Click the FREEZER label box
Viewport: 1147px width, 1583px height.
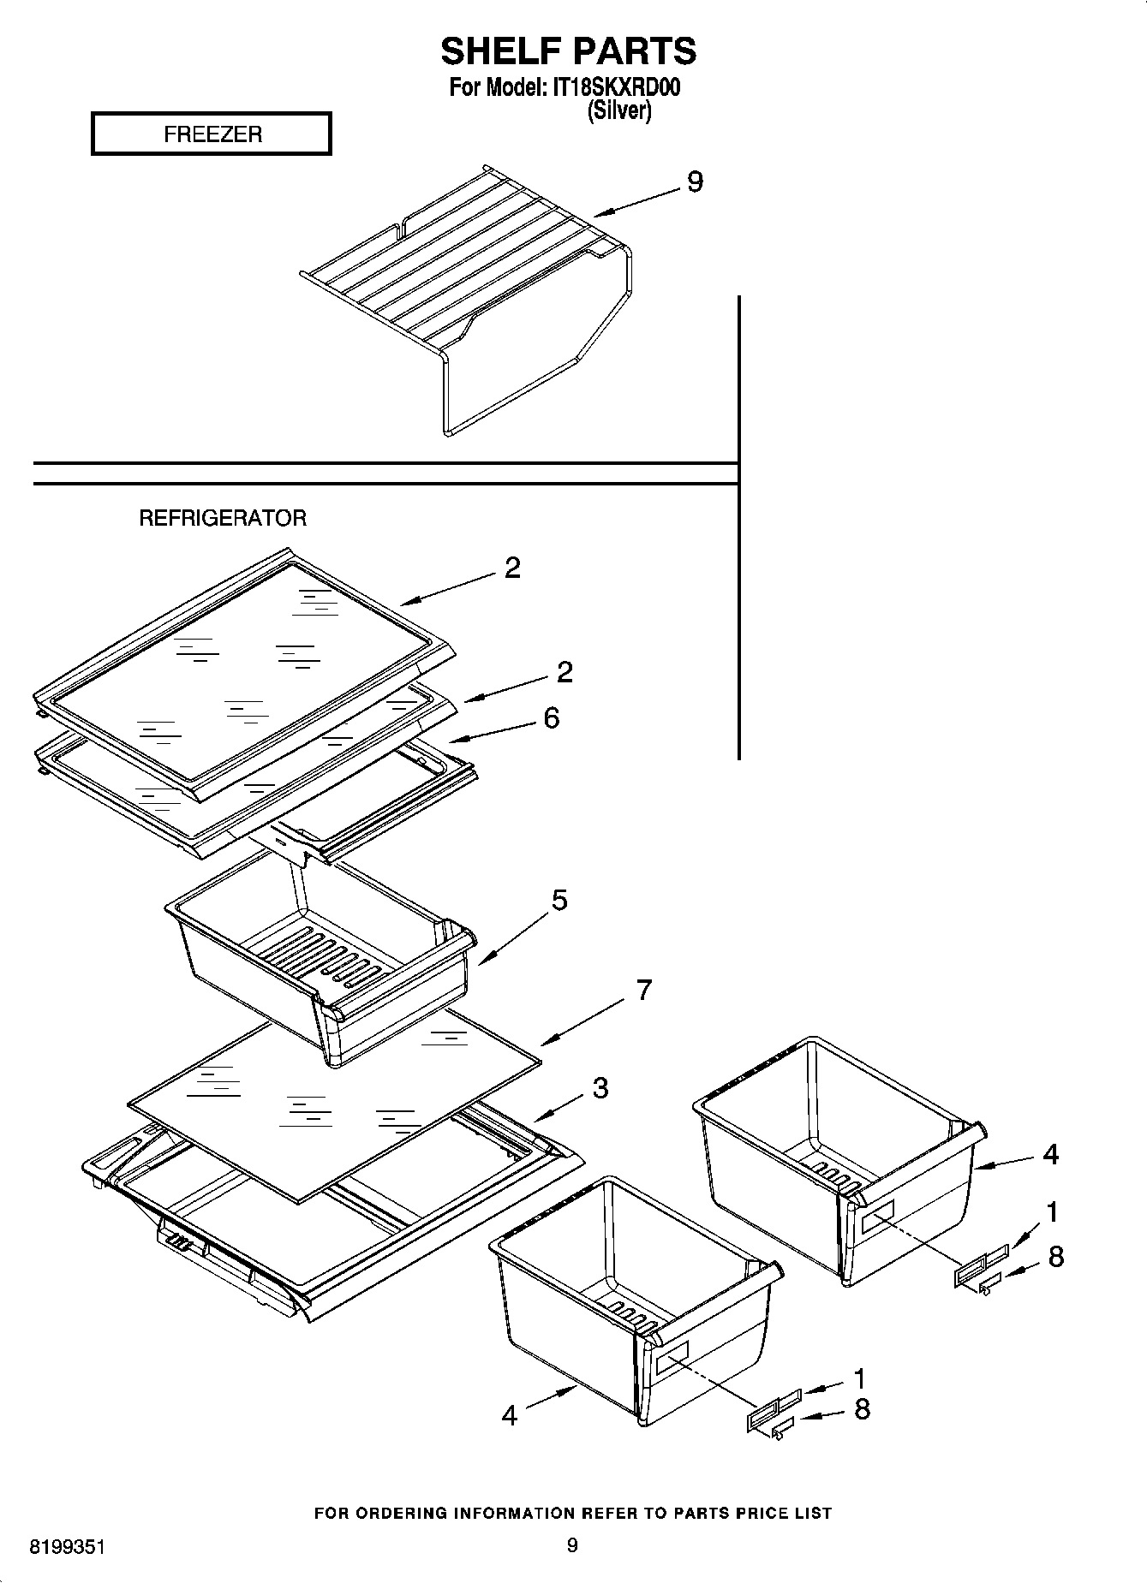[x=212, y=134]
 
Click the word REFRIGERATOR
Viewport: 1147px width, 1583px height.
[x=223, y=518]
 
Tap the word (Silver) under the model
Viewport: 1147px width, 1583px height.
[x=618, y=111]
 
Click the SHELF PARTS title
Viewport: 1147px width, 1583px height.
[x=568, y=51]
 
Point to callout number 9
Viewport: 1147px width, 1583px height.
[x=695, y=182]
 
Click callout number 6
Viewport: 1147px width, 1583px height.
[x=552, y=717]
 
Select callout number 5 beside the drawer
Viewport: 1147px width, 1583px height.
[x=559, y=900]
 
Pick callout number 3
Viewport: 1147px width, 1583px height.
[x=600, y=1088]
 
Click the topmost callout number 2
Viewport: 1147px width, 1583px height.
[x=512, y=568]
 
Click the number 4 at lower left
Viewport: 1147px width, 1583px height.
[x=510, y=1416]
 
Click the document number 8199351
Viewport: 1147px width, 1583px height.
[x=68, y=1547]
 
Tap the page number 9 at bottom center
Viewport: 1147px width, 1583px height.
[x=572, y=1545]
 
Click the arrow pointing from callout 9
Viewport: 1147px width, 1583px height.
[x=635, y=202]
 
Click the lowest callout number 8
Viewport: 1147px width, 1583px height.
[x=862, y=1409]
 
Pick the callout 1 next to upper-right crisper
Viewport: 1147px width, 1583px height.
[x=1051, y=1211]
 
